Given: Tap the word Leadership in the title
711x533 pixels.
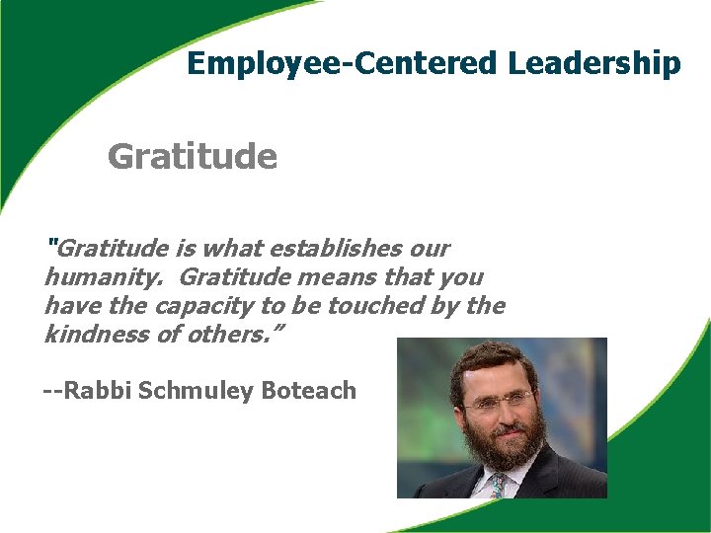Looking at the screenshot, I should coord(594,64).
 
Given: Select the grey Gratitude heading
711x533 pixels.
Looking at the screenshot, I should coord(193,156).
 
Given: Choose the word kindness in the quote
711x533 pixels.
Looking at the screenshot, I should coord(92,334).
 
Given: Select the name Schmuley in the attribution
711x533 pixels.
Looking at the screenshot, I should coord(197,391).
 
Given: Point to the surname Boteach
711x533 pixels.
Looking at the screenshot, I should coord(308,390).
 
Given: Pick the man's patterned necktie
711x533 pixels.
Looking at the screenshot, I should coord(500,485).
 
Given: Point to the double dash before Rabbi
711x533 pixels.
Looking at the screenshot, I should coord(53,391).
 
